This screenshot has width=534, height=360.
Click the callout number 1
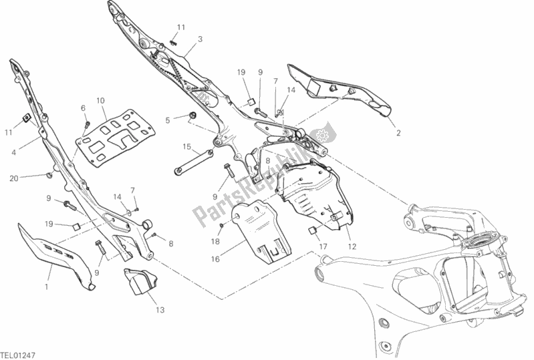46,287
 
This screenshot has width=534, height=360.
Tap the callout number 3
199,39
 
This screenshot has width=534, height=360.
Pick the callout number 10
100,101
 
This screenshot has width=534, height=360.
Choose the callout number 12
353,245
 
